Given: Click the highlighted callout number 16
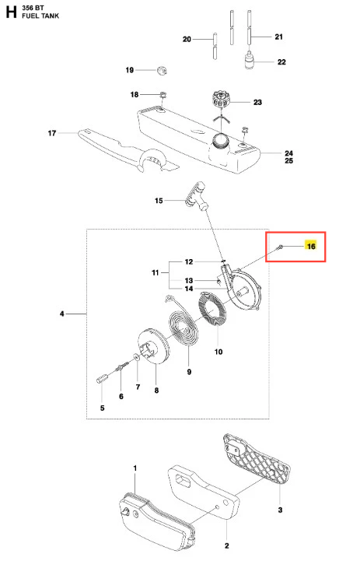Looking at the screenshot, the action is pyautogui.click(x=311, y=246).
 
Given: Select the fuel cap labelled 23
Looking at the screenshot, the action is pyautogui.click(x=221, y=99).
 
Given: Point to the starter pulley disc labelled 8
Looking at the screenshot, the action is pyautogui.click(x=152, y=346).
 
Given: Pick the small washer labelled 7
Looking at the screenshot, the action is pyautogui.click(x=136, y=356).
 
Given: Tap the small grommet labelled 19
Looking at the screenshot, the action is pyautogui.click(x=163, y=70).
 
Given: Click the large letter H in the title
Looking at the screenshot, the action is pyautogui.click(x=11, y=12).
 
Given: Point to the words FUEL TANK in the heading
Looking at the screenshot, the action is pyautogui.click(x=40, y=16).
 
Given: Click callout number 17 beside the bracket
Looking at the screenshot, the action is pyautogui.click(x=52, y=133).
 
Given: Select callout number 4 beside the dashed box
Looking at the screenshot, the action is pyautogui.click(x=62, y=314).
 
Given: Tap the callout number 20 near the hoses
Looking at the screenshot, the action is pyautogui.click(x=187, y=39).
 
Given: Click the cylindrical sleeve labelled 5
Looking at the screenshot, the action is pyautogui.click(x=101, y=378).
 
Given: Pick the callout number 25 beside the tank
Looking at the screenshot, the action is pyautogui.click(x=289, y=160).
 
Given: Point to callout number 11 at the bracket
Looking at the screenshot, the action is pyautogui.click(x=156, y=272).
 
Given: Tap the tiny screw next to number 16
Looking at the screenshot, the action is pyautogui.click(x=280, y=246).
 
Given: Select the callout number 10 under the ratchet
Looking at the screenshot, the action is pyautogui.click(x=218, y=352).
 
